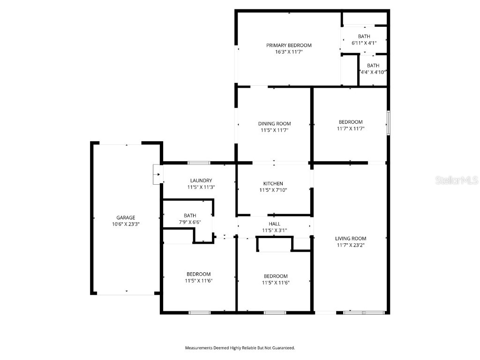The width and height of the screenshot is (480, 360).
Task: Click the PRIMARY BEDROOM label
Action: point(289,45)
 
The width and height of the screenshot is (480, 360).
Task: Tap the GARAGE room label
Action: point(126,217)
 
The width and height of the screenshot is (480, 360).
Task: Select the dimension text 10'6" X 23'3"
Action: point(126,224)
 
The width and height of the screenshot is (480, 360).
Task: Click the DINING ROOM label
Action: point(274,124)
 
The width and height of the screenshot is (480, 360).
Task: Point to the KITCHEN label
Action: point(273,184)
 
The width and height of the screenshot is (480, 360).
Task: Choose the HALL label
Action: point(274,224)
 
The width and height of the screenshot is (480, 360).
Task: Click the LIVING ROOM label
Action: point(351,238)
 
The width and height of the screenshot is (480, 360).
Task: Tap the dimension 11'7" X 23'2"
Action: point(351,245)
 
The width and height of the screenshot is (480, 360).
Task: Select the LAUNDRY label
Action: point(201,180)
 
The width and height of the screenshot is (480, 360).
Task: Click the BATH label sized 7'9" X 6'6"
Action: point(190,216)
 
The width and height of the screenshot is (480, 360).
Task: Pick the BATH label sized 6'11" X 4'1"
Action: point(364,37)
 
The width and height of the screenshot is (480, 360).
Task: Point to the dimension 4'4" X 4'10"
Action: point(373,72)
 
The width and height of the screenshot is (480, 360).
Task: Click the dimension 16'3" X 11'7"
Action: point(289,52)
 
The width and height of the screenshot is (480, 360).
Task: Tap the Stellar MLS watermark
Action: point(456,180)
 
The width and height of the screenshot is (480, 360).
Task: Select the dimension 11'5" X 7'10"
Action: point(273,190)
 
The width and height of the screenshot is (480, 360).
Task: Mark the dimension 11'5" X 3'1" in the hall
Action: point(274,230)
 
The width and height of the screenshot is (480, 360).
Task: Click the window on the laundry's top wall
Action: point(199,163)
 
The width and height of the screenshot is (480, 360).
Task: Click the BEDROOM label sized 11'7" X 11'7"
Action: point(351,122)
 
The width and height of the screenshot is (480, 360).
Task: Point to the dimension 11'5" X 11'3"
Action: point(201,187)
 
